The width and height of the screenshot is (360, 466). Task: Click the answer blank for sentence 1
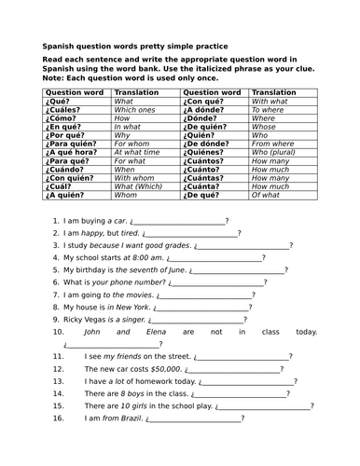point(182,223)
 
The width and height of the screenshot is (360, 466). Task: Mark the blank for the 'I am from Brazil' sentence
point(194,418)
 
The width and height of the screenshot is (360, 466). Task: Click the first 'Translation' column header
point(139,93)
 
